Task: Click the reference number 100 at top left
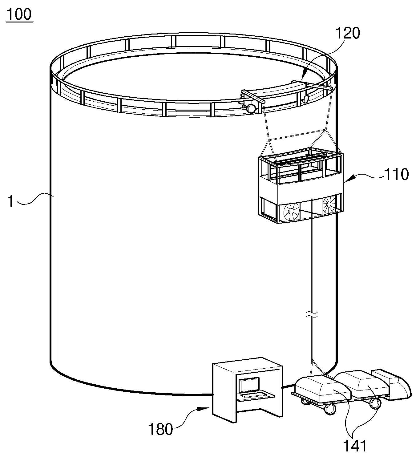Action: point(20,14)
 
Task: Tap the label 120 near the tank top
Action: point(348,33)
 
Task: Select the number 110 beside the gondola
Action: point(396,175)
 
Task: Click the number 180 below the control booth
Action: point(161,429)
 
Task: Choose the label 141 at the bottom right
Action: point(355,446)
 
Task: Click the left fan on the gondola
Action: point(292,211)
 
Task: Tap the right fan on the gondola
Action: point(329,204)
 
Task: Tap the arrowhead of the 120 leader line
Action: point(304,77)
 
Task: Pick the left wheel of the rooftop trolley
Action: point(251,108)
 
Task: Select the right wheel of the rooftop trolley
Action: point(305,98)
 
